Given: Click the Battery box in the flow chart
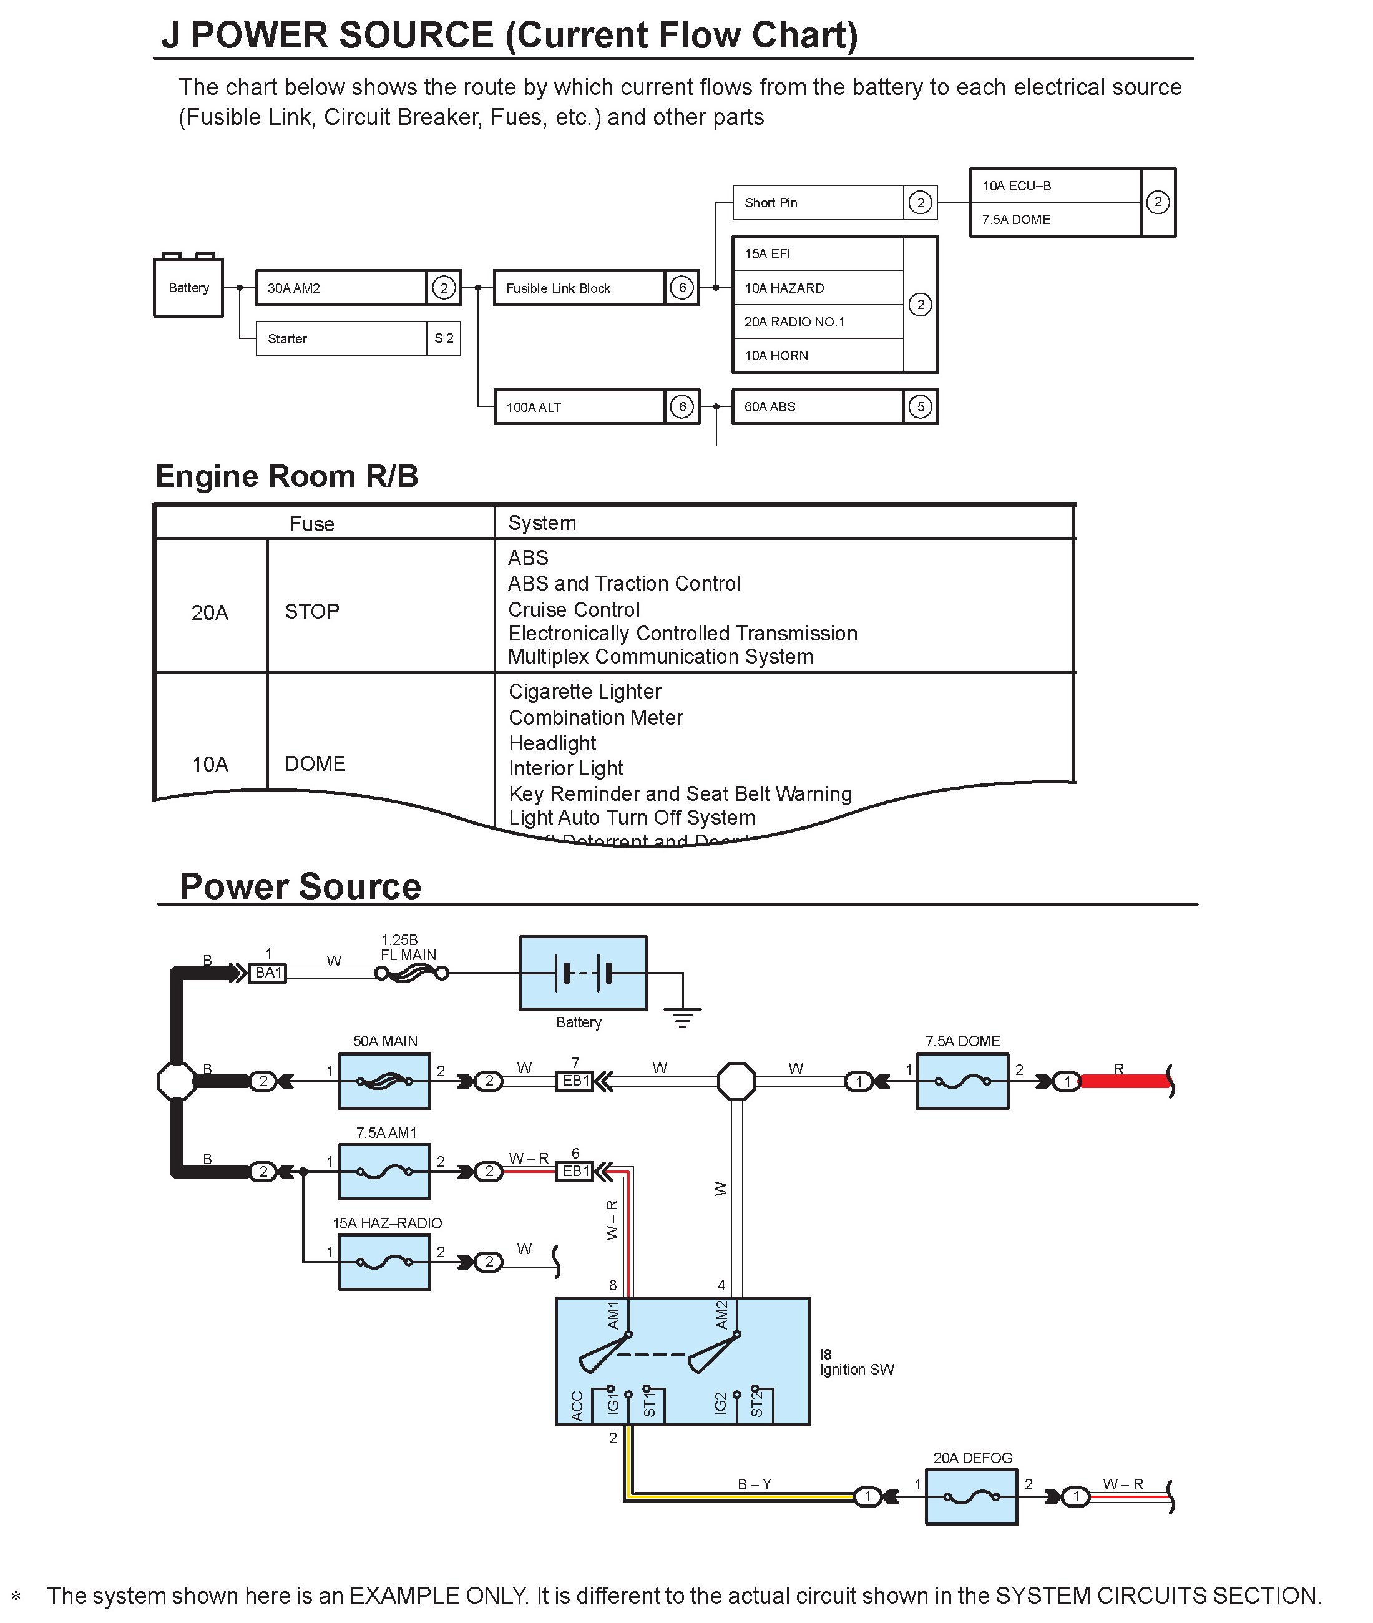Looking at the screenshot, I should point(188,287).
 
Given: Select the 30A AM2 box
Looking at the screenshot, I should point(342,287).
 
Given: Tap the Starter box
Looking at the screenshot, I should point(342,338).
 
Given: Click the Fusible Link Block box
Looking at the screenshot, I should point(579,288).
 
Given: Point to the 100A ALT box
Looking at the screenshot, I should point(579,406).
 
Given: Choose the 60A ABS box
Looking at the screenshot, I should point(818,406).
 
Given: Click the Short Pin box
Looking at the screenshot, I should point(818,202).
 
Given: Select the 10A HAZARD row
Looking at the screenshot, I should point(818,288).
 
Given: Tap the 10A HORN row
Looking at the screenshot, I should point(818,356).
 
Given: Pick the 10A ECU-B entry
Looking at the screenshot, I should point(1055,186).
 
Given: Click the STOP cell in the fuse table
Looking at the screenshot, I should point(312,612).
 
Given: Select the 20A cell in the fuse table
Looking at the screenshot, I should point(210,612).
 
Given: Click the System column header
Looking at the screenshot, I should point(542,523).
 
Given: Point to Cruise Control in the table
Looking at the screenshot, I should point(574,609).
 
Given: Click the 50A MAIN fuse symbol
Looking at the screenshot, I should point(384,1081).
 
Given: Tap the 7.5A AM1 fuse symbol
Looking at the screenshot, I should point(384,1172).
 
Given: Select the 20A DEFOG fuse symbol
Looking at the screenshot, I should point(970,1497).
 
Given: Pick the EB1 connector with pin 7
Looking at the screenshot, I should point(575,1081).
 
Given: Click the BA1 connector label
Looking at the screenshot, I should point(268,973).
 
